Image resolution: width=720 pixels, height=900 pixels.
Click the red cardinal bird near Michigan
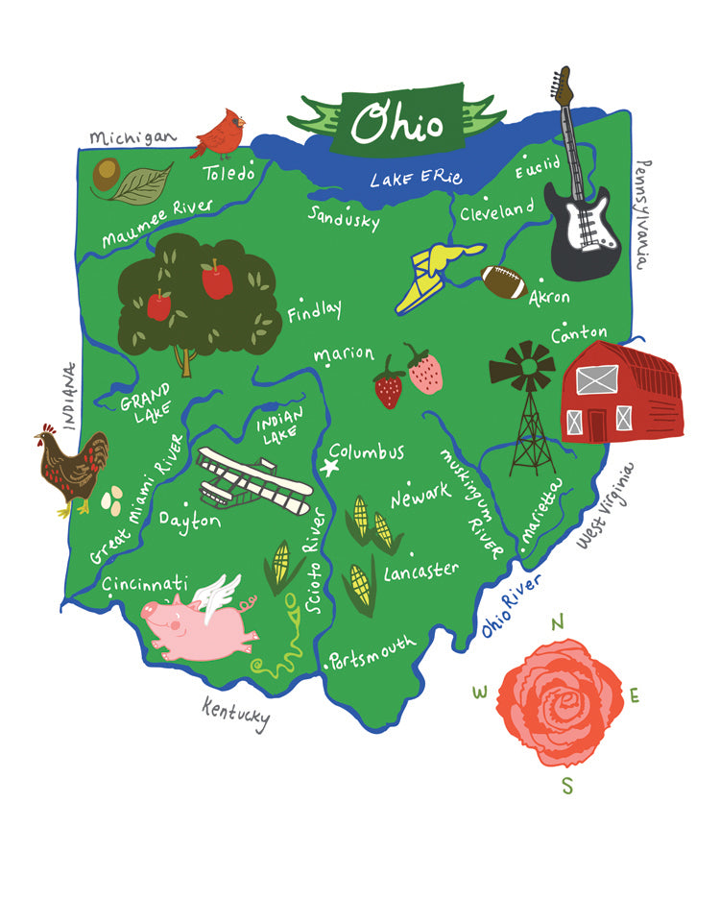coord(219,134)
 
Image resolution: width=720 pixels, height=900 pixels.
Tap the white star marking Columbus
coord(333,468)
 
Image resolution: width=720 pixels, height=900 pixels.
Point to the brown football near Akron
coord(504,281)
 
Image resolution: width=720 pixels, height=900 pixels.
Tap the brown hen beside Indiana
coord(72,467)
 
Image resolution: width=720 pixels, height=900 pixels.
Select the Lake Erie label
coord(417,178)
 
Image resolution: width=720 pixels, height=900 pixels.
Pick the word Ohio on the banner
coord(396,122)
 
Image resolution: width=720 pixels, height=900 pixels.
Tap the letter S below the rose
coord(566,786)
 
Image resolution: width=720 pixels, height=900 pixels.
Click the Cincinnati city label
coord(144,583)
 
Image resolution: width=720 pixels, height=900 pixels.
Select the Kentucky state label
coord(235,713)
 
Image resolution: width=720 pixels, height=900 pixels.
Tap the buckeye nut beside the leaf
coord(105,174)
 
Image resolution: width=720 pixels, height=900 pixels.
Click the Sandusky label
coord(343,216)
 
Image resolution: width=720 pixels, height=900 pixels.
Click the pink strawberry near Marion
coord(423,373)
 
